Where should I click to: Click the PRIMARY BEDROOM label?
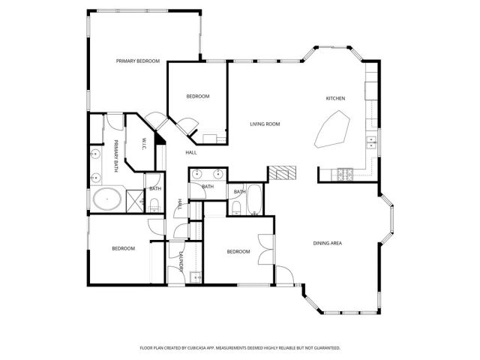[137, 61]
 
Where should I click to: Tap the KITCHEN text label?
[335, 99]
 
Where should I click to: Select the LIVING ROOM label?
[265, 124]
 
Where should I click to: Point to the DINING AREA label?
[327, 243]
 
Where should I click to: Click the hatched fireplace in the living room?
[282, 173]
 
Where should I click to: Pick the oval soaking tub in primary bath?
[107, 200]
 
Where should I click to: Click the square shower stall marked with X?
[134, 200]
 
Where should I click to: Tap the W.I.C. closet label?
[145, 142]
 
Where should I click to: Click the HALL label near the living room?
[191, 152]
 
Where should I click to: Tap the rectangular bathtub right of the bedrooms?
[255, 199]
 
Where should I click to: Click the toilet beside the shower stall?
[154, 203]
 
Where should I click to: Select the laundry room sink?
[197, 277]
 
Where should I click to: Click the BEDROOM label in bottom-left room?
[124, 248]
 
